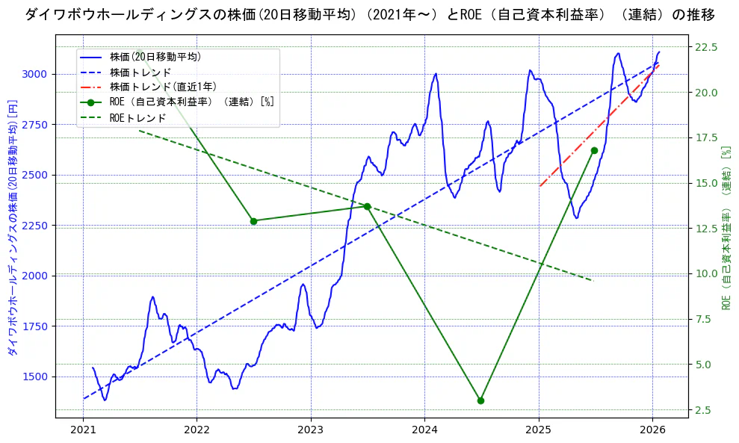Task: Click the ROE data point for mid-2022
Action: click(x=253, y=221)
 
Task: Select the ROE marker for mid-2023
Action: click(x=367, y=206)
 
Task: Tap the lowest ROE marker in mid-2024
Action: click(x=480, y=400)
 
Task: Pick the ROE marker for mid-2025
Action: click(x=594, y=150)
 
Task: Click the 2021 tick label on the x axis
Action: click(x=83, y=430)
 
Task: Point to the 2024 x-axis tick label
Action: click(x=424, y=430)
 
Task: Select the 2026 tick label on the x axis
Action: click(x=652, y=430)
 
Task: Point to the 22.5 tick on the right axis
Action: click(x=706, y=47)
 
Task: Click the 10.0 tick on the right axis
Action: click(x=706, y=273)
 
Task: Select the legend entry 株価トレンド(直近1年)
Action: click(x=163, y=87)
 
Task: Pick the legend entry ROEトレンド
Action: click(x=137, y=117)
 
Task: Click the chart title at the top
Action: click(x=369, y=15)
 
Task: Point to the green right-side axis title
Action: click(x=726, y=228)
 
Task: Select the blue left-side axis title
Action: click(x=11, y=228)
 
